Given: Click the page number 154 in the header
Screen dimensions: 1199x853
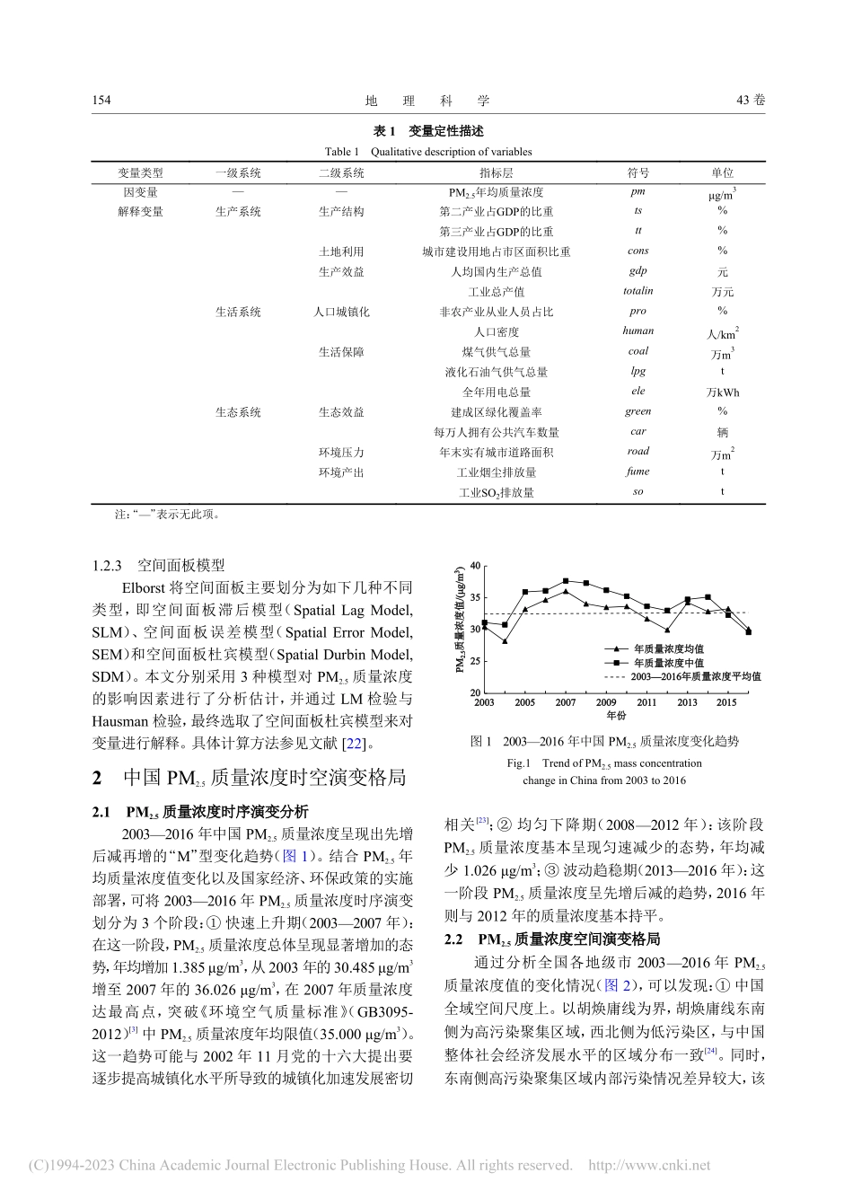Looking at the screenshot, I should coord(101,100).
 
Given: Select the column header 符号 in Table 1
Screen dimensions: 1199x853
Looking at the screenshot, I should coord(638,172).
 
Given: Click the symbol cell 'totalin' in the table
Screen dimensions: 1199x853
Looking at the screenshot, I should coord(638,291).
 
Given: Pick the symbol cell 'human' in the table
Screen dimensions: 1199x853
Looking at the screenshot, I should coord(638,331).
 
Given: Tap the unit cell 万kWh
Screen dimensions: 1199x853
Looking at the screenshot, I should coord(722,392).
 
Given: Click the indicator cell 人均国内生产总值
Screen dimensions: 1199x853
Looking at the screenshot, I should coord(496,271).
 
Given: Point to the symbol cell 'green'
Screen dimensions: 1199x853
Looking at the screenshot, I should coord(638,411).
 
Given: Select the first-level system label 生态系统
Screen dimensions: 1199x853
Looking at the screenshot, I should coord(238,412).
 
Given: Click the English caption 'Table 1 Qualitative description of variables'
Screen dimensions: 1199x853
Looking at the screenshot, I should coord(428,152).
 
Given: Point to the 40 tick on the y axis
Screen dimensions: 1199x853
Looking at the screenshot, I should coord(475,566).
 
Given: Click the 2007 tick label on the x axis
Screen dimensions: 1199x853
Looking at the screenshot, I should coord(565,702).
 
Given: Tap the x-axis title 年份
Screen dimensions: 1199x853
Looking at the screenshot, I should coord(616,716).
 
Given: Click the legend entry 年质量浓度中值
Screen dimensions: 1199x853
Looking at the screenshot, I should coord(668,663).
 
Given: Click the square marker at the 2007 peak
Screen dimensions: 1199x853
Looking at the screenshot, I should coord(565,581).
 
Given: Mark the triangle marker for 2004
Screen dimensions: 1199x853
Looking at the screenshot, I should coord(505,641).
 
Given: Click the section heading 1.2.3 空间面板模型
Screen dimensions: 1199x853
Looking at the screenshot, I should coord(159,565).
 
